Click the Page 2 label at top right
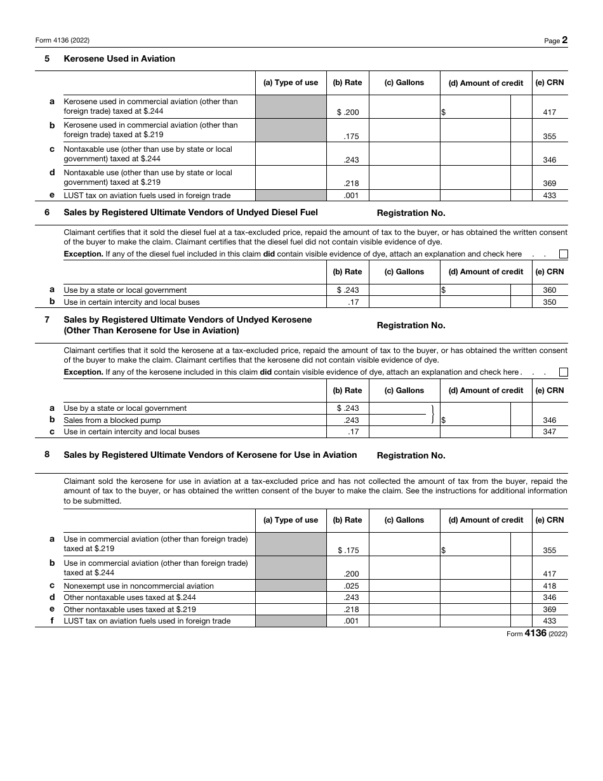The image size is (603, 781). coord(555,40)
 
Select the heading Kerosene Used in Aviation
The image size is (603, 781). coord(119,58)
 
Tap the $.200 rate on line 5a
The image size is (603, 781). coord(348,112)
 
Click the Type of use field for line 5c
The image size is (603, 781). coord(291,154)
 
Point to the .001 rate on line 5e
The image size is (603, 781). coord(351,196)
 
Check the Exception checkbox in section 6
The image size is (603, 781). coord(563,254)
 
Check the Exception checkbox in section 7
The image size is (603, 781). coord(563,372)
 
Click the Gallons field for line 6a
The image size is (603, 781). coord(404,290)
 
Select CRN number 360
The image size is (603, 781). coord(549,290)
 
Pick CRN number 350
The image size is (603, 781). coord(549,302)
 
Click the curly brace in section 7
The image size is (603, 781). coord(432,414)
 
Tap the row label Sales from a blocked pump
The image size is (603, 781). coord(112,420)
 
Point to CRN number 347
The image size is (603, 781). coord(549,432)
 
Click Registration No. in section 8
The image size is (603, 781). coord(411,455)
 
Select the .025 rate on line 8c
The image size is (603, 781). coord(351,586)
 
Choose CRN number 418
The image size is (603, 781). coord(549,586)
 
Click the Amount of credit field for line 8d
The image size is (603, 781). coord(475,597)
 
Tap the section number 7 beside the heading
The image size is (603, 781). coord(47,319)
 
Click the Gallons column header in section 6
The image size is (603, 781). coord(404,272)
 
